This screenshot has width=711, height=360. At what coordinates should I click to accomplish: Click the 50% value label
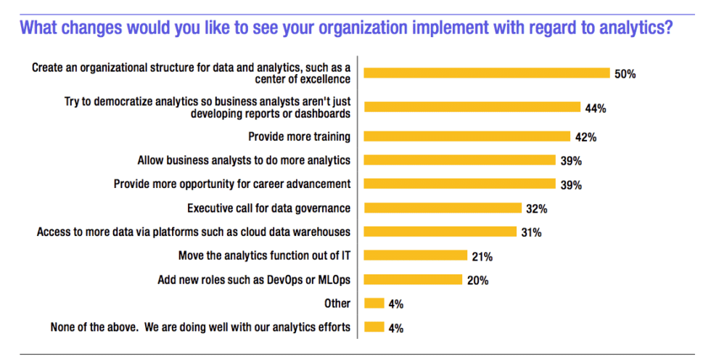click(x=625, y=74)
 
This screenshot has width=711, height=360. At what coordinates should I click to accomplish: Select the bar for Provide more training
click(x=467, y=136)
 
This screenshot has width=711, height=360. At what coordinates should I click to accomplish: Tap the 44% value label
click(x=596, y=108)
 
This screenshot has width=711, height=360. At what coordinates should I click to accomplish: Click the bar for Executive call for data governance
click(x=443, y=208)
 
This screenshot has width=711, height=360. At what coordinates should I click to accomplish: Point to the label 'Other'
click(x=337, y=303)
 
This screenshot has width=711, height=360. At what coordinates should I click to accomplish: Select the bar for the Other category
click(x=374, y=303)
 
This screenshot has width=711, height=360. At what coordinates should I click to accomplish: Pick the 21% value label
click(x=482, y=256)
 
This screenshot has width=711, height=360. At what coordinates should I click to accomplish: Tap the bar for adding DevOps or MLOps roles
click(x=413, y=280)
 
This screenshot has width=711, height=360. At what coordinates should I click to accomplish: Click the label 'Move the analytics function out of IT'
click(x=264, y=255)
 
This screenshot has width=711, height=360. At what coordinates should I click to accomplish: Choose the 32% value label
click(x=537, y=209)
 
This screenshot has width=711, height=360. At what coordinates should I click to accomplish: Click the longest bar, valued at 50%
click(x=486, y=73)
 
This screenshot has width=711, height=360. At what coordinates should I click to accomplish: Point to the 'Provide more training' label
click(x=299, y=136)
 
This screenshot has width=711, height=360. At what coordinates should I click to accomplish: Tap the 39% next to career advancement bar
click(x=571, y=184)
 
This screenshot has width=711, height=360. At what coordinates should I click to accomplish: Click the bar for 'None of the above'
click(x=374, y=327)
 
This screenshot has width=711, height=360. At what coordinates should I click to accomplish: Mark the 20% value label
click(x=477, y=280)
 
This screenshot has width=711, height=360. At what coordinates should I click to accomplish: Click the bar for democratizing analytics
click(x=472, y=107)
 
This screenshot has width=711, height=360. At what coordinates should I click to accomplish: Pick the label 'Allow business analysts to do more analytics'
click(x=244, y=160)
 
